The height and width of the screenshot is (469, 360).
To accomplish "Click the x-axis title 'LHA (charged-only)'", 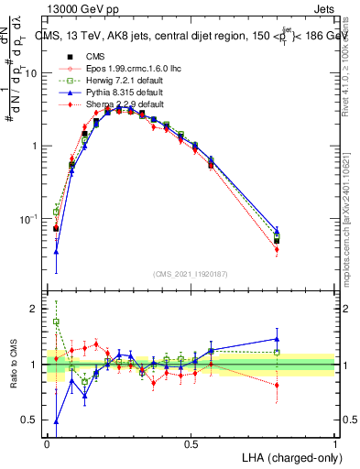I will click(289, 457).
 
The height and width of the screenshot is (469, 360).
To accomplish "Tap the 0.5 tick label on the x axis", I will click(191, 444).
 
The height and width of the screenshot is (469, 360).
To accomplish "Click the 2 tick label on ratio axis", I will click(34, 310).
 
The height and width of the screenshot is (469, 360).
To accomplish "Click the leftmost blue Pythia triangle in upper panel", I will click(56, 250).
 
